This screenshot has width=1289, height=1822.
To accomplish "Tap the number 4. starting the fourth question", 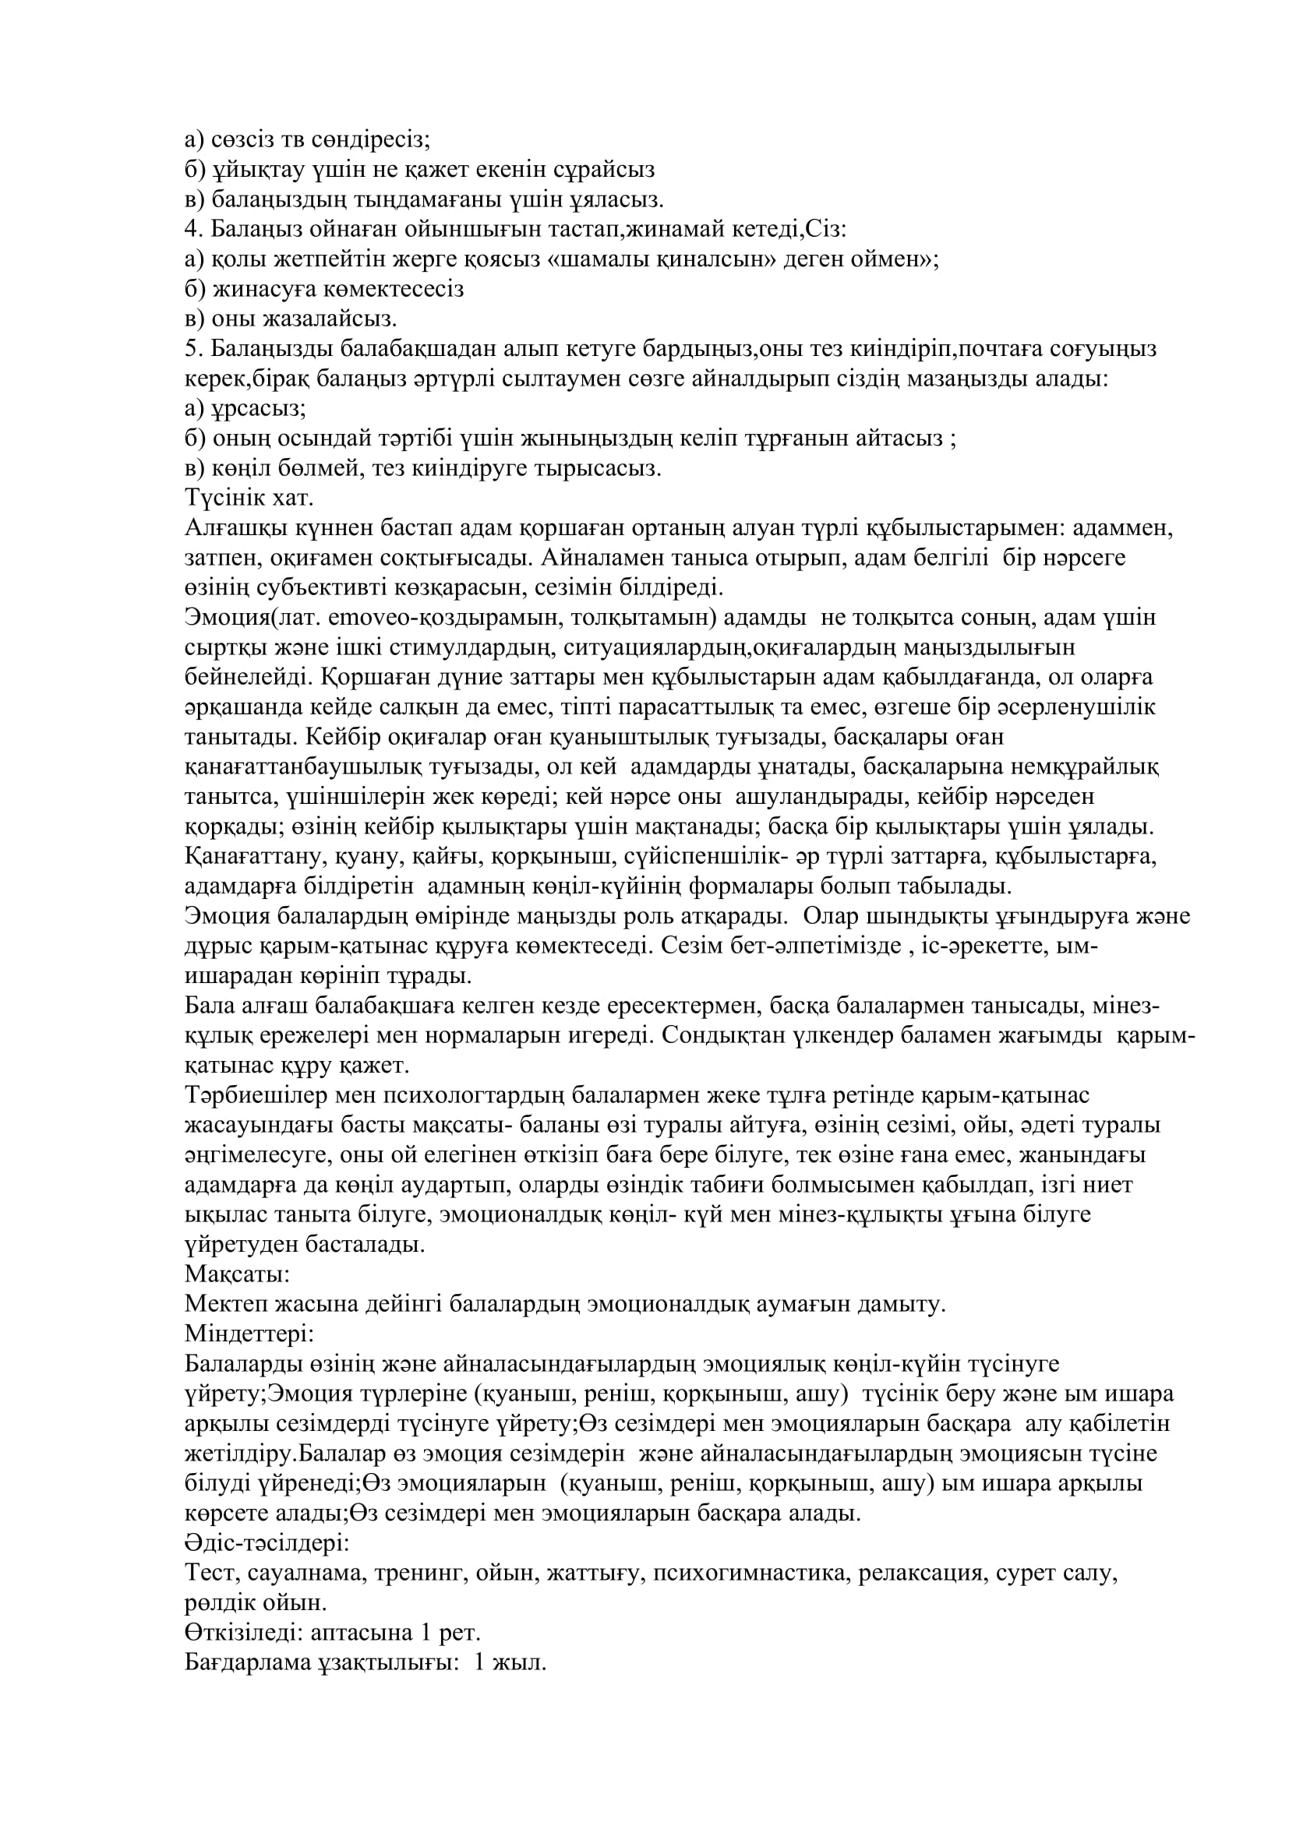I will pos(195,229).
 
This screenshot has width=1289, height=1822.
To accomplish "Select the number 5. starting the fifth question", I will pos(195,348).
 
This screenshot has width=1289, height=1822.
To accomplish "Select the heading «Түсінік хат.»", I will pos(249,499).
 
